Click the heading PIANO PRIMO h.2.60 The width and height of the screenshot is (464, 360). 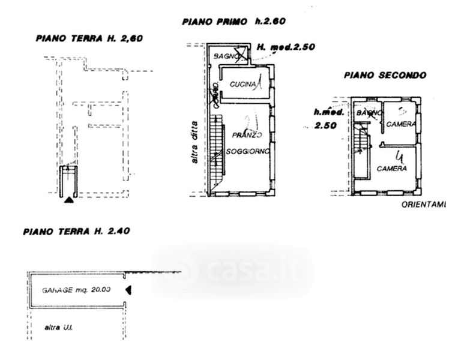coord(234,22)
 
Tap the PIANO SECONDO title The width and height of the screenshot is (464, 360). coord(385,76)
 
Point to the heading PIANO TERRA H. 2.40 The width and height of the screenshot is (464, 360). coord(76,231)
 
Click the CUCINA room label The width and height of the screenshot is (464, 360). coord(243,85)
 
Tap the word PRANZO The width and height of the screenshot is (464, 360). coord(248,136)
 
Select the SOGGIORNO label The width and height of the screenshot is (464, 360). coord(249,151)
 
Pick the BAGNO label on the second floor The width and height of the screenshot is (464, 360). coord(368,112)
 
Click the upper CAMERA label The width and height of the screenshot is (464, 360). coord(401,124)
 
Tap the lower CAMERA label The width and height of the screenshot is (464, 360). coord(392,169)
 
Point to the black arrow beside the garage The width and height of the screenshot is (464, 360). coord(128,290)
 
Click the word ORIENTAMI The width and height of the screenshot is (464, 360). coord(423,205)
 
